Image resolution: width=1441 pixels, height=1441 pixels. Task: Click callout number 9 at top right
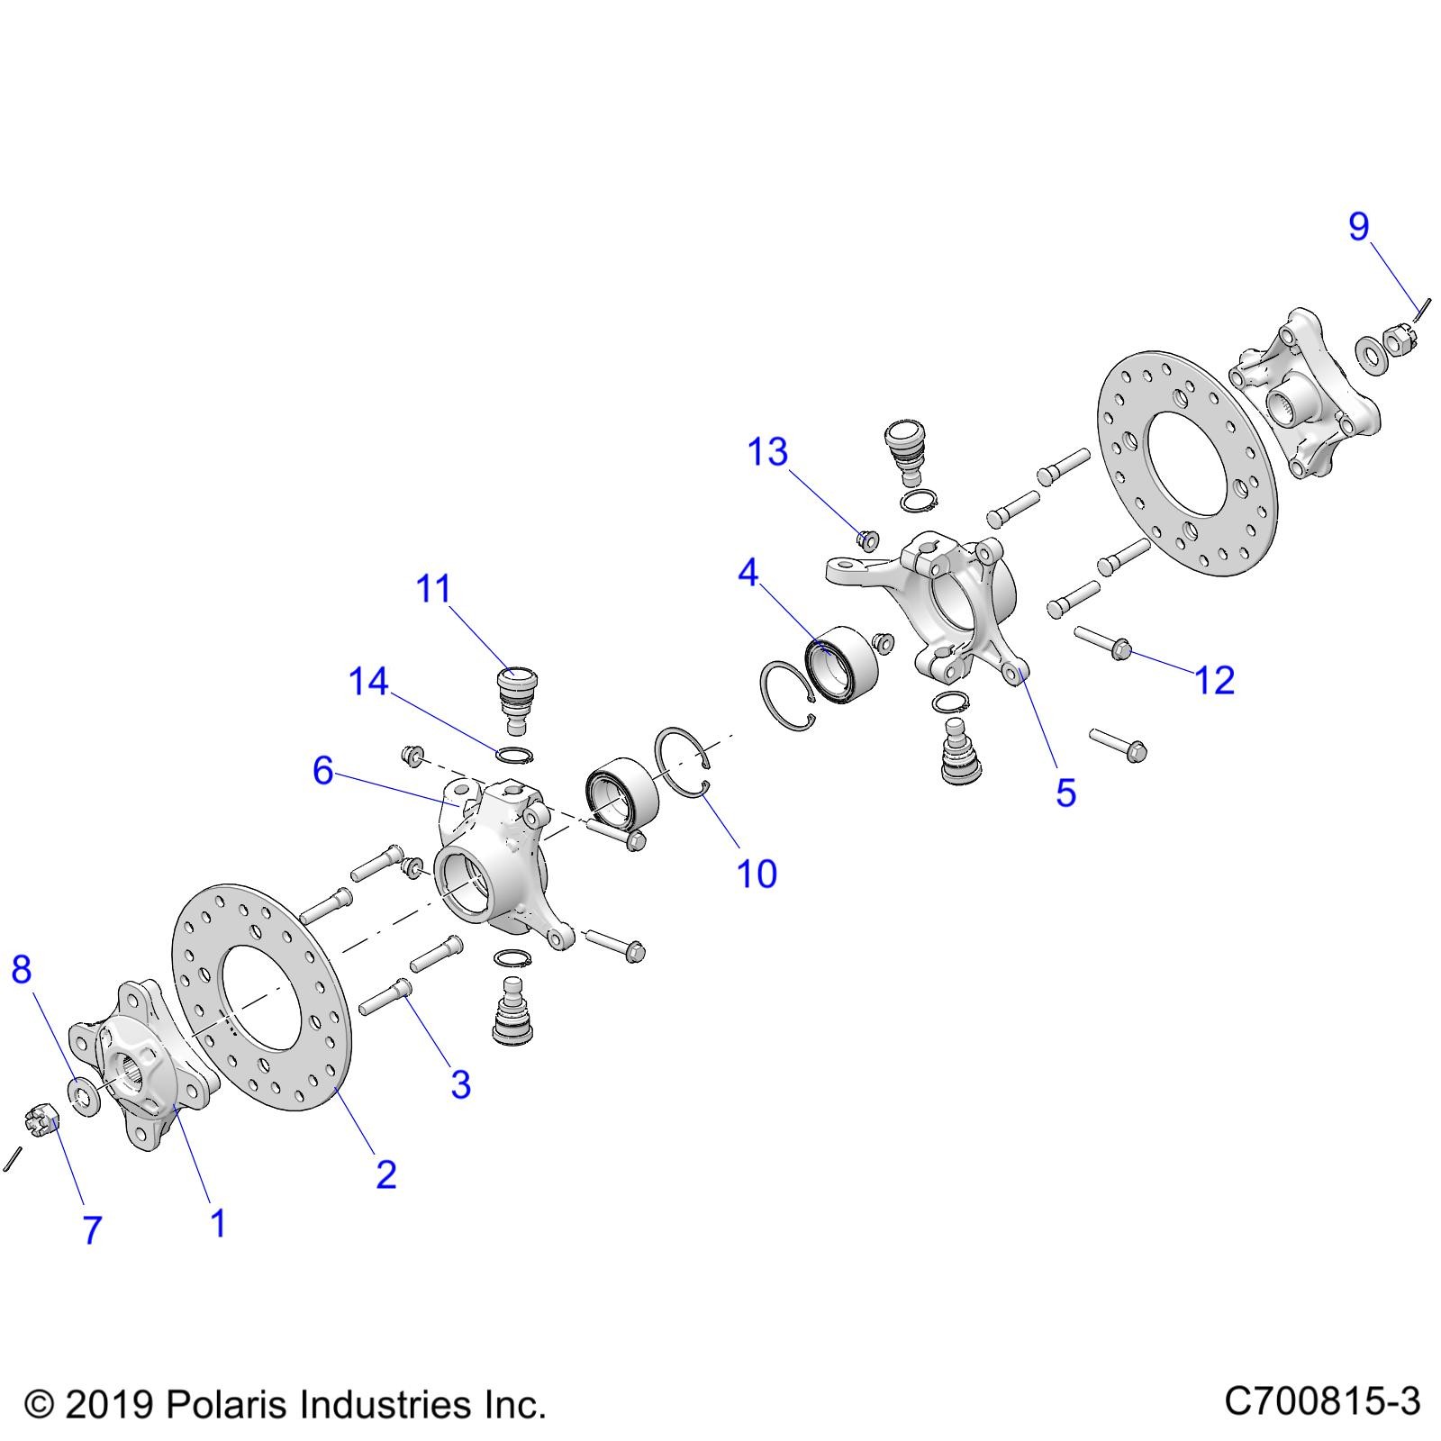(x=1358, y=226)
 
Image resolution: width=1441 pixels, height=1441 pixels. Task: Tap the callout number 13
(x=767, y=452)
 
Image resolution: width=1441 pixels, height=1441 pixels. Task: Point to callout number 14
(x=368, y=682)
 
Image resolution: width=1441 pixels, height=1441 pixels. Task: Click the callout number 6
(x=323, y=771)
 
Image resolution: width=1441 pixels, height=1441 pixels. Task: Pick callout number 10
(x=757, y=874)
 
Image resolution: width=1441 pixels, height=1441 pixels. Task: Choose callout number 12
(x=1215, y=680)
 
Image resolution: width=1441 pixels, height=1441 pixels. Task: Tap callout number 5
(x=1065, y=793)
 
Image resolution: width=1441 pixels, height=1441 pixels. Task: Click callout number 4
(x=748, y=573)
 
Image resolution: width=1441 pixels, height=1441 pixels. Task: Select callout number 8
(x=22, y=969)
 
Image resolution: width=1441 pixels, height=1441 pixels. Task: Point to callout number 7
(x=92, y=1230)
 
